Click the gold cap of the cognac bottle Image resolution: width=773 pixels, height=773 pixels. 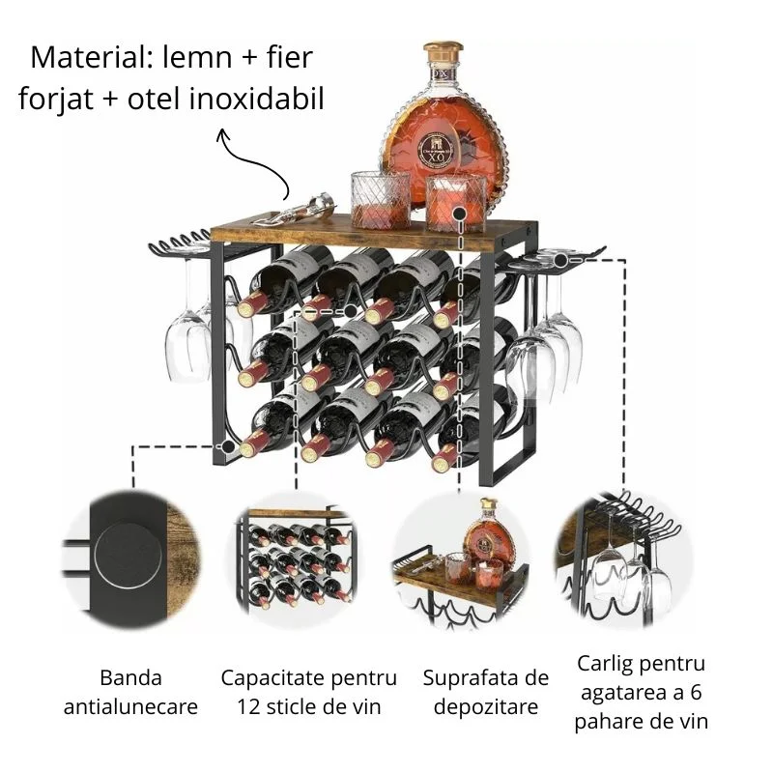(x=444, y=51)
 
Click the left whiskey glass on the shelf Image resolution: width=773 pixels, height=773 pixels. (x=380, y=198)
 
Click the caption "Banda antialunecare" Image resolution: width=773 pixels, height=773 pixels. (x=130, y=693)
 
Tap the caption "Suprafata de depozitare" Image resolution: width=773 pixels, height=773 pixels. (x=485, y=693)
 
